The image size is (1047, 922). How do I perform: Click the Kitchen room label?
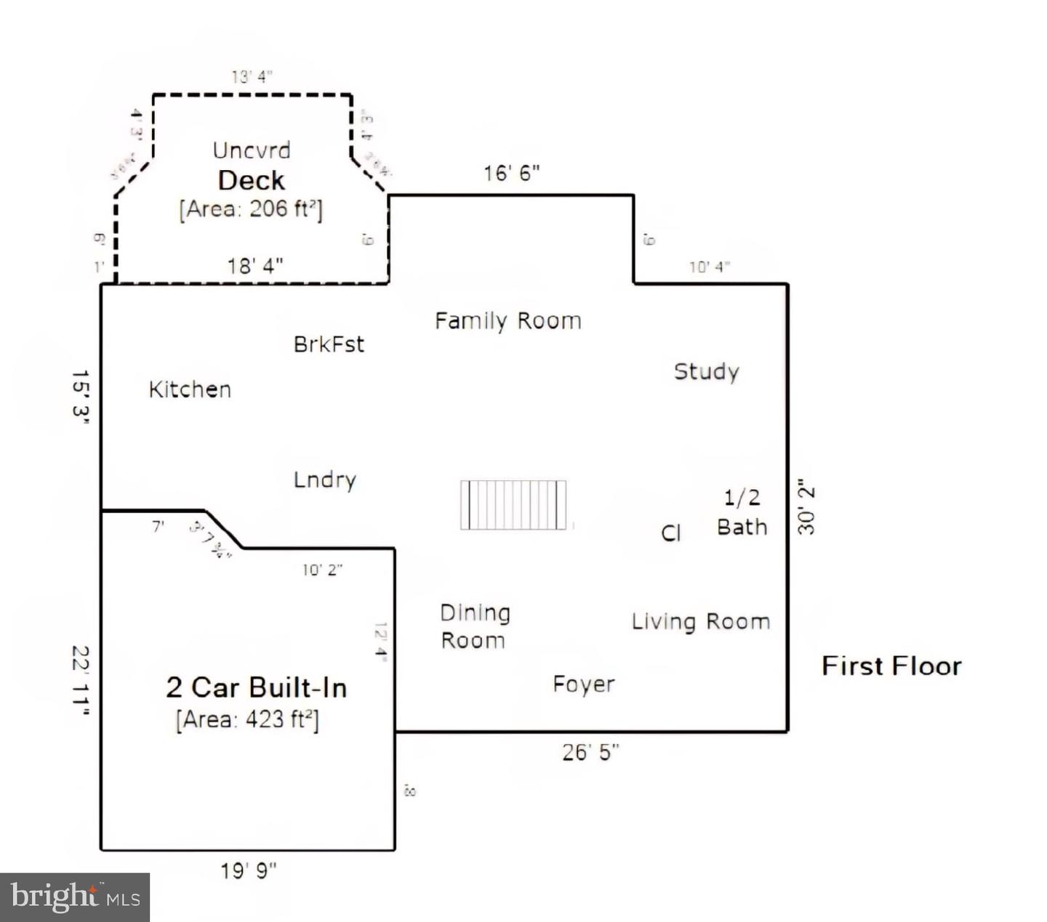click(190, 389)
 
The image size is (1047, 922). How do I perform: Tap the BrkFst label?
click(329, 344)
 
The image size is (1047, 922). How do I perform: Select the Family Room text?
click(508, 320)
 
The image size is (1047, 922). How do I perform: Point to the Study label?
click(706, 371)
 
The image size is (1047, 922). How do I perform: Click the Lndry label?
click(324, 480)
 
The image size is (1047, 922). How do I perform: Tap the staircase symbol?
click(513, 504)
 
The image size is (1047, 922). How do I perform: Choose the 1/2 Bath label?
click(742, 512)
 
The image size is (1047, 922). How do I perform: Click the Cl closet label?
click(670, 533)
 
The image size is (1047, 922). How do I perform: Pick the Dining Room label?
click(474, 626)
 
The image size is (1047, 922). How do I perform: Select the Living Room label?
click(700, 621)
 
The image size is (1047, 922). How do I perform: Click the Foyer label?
click(583, 684)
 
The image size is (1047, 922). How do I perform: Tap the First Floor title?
click(891, 666)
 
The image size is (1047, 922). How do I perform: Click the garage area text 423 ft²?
click(247, 719)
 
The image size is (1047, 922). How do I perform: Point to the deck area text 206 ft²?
click(251, 209)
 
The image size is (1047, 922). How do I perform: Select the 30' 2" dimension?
click(806, 506)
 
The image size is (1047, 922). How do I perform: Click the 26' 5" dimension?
click(590, 752)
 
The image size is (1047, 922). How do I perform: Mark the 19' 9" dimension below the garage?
click(249, 870)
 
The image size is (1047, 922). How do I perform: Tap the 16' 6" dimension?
click(512, 173)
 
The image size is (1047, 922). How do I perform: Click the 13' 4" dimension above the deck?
click(252, 76)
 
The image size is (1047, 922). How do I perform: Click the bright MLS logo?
click(75, 897)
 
